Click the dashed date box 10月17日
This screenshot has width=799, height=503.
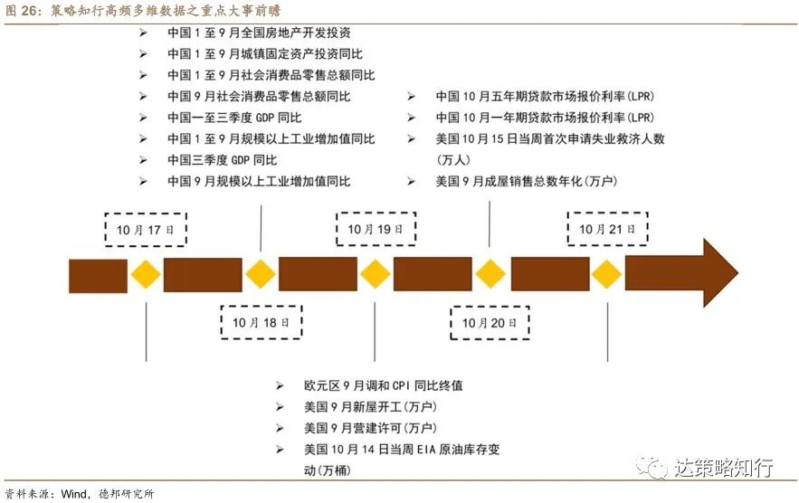(x=145, y=229)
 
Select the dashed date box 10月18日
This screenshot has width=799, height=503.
(x=262, y=321)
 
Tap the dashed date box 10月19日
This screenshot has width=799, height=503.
(x=376, y=229)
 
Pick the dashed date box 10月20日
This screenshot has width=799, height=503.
(x=490, y=321)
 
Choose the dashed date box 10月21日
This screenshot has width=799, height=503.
(x=607, y=229)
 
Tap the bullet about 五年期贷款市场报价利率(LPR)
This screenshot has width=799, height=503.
(x=544, y=96)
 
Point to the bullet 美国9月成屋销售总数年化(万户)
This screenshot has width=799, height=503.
(x=526, y=181)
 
